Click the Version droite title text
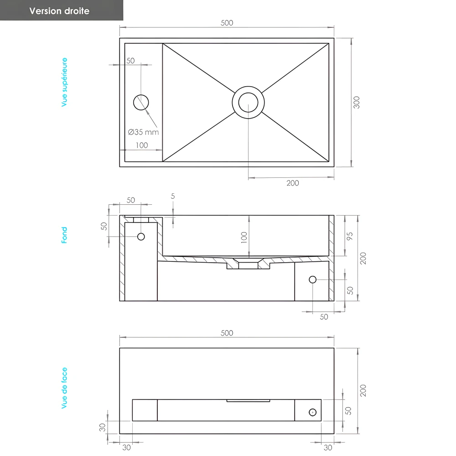(59, 11)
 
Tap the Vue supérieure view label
(64, 82)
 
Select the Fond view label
(64, 235)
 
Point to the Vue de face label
(64, 388)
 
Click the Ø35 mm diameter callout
(144, 132)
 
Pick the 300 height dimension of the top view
(357, 102)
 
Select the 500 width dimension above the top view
(227, 23)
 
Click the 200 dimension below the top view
(293, 183)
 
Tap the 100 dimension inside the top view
(142, 145)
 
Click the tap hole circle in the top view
(141, 102)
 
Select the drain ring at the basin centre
(248, 102)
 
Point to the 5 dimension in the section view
(173, 197)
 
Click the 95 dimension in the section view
(350, 236)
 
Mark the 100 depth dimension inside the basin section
(244, 237)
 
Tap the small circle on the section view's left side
(141, 236)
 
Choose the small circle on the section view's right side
(312, 280)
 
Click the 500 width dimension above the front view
(227, 333)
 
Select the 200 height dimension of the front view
(363, 390)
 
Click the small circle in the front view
(312, 412)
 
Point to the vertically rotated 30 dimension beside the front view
(103, 427)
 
